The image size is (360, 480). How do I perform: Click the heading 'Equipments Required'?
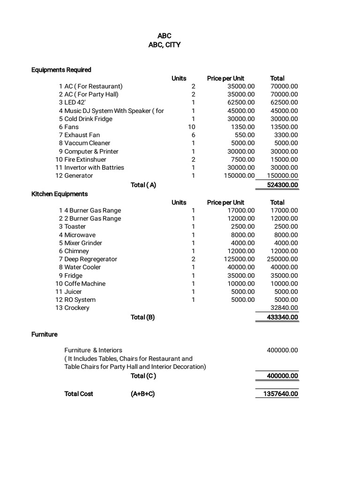tap(61, 70)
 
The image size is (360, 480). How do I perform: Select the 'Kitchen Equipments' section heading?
tap(60, 194)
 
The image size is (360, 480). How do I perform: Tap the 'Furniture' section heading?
tap(45, 334)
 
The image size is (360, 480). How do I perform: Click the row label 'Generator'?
tap(78, 176)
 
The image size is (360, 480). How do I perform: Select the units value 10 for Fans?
tap(191, 127)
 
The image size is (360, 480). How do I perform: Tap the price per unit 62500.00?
tap(239, 102)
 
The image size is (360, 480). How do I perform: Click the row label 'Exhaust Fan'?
tap(82, 135)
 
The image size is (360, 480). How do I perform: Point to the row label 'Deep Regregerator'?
tap(90, 259)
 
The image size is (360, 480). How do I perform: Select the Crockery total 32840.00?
tap(284, 308)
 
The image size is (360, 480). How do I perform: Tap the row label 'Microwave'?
tap(80, 235)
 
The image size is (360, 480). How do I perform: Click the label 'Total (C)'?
tap(143, 376)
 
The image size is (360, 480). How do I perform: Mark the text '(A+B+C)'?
tap(142, 394)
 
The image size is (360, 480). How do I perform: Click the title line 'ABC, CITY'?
tap(164, 45)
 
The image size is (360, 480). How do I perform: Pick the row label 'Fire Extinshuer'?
tap(85, 159)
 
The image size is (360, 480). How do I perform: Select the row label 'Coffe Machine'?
tap(85, 284)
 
